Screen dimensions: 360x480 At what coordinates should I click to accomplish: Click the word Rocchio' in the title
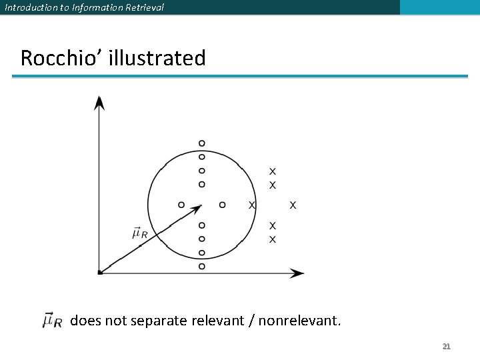(54, 58)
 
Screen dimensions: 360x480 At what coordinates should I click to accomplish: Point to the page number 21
(447, 346)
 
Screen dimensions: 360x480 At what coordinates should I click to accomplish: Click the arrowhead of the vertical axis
(99, 102)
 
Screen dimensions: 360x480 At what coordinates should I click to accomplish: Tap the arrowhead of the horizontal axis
(297, 273)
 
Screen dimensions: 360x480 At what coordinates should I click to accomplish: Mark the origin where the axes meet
(99, 272)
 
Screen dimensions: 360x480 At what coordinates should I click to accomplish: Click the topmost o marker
(202, 143)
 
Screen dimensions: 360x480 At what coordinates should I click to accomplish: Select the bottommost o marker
(202, 267)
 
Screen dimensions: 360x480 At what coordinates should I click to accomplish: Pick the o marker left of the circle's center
(181, 205)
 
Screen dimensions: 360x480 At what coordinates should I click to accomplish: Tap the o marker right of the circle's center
(223, 205)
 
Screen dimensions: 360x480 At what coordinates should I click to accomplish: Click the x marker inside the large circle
(251, 205)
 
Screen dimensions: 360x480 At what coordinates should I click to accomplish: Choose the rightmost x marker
(293, 205)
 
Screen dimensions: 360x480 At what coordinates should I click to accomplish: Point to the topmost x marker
(272, 171)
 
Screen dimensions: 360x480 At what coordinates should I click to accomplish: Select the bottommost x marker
(272, 239)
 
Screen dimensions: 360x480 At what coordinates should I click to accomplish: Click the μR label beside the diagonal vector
(140, 233)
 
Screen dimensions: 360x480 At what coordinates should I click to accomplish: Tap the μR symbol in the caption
(52, 321)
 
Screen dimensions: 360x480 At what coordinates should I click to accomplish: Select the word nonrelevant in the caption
(299, 321)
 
